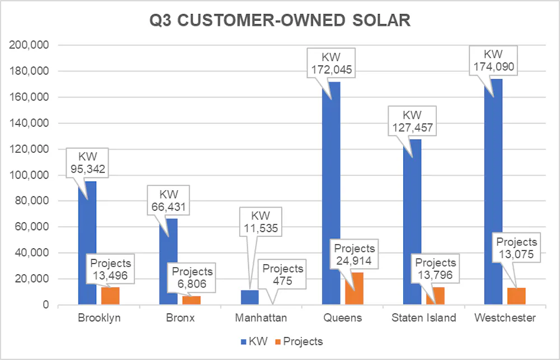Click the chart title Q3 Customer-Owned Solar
(x=279, y=21)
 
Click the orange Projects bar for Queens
(x=354, y=289)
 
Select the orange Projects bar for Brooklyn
(x=110, y=296)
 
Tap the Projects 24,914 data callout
(x=354, y=254)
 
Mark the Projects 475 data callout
(x=282, y=274)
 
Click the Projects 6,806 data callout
(x=192, y=278)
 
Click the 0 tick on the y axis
(x=47, y=305)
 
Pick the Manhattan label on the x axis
(x=262, y=318)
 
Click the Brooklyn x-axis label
(x=99, y=318)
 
